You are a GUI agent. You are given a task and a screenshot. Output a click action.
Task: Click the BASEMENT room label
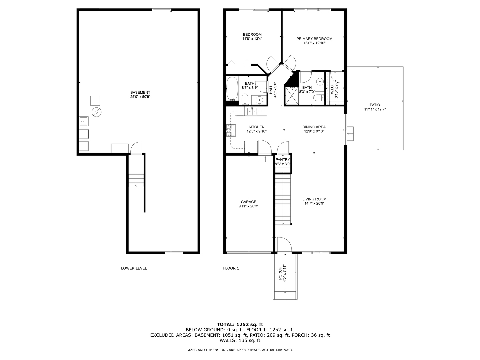coord(140,92)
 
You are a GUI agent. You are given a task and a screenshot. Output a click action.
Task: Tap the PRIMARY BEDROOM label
coord(314,39)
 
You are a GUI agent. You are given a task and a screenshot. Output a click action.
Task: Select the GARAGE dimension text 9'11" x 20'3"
coord(248,206)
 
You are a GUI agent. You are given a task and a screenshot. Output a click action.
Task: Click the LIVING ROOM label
coord(314,199)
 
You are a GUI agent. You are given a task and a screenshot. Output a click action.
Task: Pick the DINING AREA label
coord(314,127)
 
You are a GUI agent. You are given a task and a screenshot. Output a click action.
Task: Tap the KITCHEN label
coord(256,127)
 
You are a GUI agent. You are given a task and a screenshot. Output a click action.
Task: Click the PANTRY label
coord(283,160)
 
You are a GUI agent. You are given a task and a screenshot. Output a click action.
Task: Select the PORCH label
coord(280,274)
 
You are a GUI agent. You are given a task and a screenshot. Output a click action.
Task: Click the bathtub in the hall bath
coord(232,89)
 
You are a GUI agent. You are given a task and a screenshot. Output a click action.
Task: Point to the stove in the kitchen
coord(231,130)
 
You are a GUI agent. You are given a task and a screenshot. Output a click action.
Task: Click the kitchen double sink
coord(252,111)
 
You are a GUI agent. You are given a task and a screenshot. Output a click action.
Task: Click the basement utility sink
coord(83,122)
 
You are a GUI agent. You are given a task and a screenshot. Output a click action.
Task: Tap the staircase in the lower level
coord(136,180)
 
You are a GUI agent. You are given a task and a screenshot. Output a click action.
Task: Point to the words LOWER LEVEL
coord(134,268)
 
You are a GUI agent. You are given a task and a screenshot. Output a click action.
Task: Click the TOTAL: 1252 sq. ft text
coord(240,324)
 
